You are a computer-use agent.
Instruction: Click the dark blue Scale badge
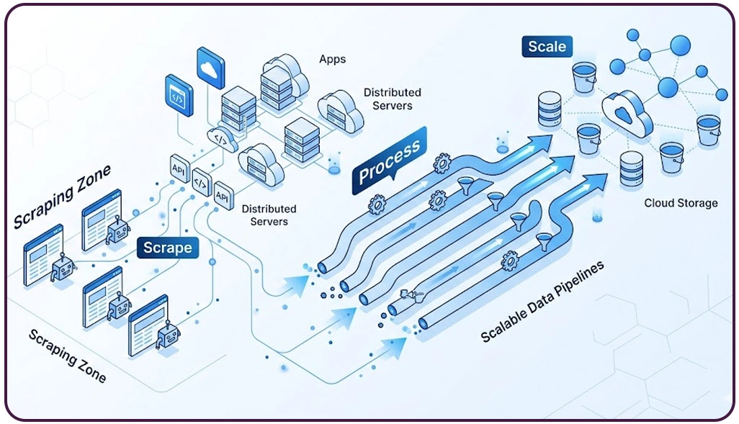click(x=547, y=48)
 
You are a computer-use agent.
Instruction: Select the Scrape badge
click(x=167, y=248)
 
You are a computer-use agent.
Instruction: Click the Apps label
click(x=332, y=59)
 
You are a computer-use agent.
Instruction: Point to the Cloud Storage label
click(x=681, y=203)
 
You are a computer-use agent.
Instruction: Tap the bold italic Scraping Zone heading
click(x=63, y=196)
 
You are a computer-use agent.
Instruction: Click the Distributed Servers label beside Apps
click(x=392, y=99)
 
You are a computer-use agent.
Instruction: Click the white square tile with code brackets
click(x=201, y=184)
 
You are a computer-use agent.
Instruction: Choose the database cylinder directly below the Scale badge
click(x=550, y=107)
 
